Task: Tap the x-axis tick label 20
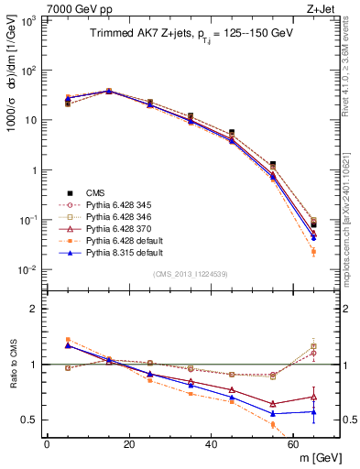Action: [129, 444]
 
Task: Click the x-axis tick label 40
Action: [212, 444]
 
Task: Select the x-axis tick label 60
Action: [294, 444]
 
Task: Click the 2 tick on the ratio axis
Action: [36, 309]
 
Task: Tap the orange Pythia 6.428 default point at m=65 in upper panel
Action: [314, 251]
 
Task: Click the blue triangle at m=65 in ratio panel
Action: [314, 411]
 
